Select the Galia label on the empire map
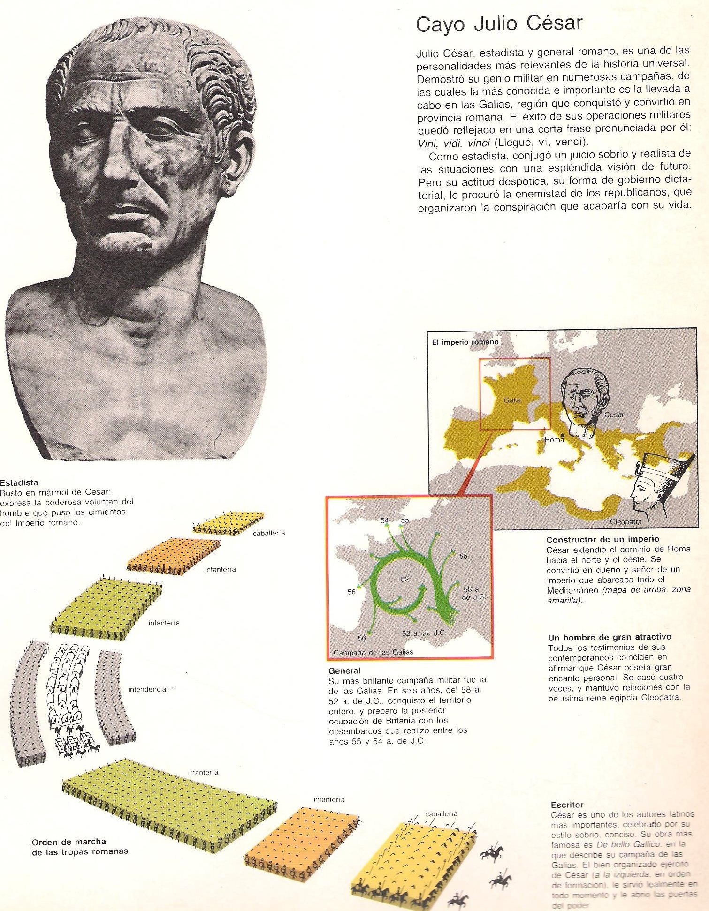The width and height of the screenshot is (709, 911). pos(512,400)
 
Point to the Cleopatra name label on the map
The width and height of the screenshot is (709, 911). pos(625,521)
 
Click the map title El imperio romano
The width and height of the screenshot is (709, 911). pos(465,342)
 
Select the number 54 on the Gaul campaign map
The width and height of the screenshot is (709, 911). pos(385,520)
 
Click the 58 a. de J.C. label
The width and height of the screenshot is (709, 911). pos(474,593)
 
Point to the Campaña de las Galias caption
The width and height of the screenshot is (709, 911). pos(373,652)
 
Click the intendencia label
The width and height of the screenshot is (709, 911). pos(147,689)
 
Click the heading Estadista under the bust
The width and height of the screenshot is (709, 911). pos(19,482)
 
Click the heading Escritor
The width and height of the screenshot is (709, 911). pos(567,805)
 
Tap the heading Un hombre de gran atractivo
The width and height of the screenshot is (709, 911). pos(610,637)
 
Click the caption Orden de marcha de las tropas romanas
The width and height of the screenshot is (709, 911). pos(80,846)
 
